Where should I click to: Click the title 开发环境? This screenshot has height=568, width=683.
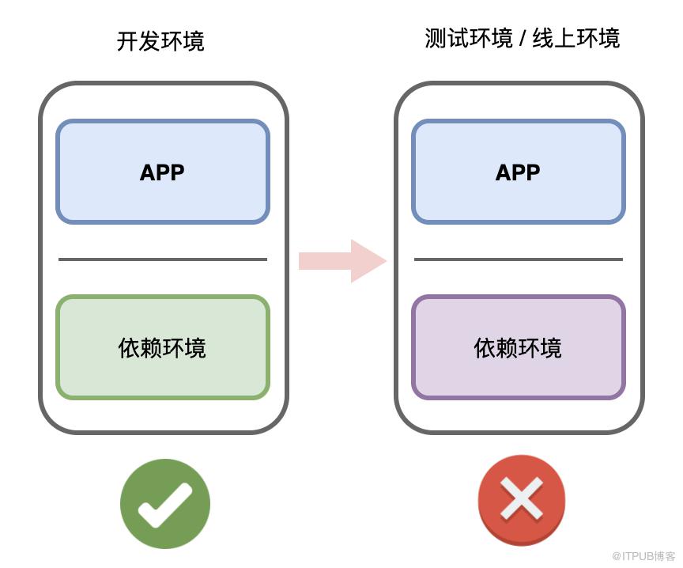pyautogui.click(x=160, y=41)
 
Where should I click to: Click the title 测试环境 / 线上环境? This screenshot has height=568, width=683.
pyautogui.click(x=523, y=38)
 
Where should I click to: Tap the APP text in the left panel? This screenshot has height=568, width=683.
pyautogui.click(x=162, y=172)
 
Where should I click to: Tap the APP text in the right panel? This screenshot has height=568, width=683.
pyautogui.click(x=518, y=172)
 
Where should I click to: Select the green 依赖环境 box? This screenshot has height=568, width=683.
pyautogui.click(x=163, y=347)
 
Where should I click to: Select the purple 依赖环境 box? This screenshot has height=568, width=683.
pyautogui.click(x=519, y=347)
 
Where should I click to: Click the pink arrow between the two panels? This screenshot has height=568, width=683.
pyautogui.click(x=342, y=261)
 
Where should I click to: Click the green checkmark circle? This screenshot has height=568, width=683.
pyautogui.click(x=165, y=503)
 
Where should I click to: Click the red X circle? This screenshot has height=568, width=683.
pyautogui.click(x=522, y=500)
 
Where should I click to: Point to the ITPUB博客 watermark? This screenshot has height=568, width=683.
pyautogui.click(x=643, y=556)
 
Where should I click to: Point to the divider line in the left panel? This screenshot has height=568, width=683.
pyautogui.click(x=163, y=259)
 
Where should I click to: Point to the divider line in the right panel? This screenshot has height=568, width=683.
pyautogui.click(x=519, y=259)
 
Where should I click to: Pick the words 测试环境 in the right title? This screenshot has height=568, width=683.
pyautogui.click(x=469, y=38)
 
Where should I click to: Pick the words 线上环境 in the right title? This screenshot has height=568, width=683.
pyautogui.click(x=576, y=38)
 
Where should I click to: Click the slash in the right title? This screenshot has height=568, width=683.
pyautogui.click(x=523, y=39)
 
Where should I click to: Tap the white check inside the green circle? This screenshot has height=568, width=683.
pyautogui.click(x=164, y=505)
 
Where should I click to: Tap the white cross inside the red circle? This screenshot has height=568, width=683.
pyautogui.click(x=522, y=498)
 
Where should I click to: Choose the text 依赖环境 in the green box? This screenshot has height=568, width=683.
pyautogui.click(x=162, y=348)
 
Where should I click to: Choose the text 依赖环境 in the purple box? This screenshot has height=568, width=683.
pyautogui.click(x=518, y=348)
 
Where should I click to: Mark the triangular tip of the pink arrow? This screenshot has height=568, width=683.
pyautogui.click(x=387, y=261)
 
